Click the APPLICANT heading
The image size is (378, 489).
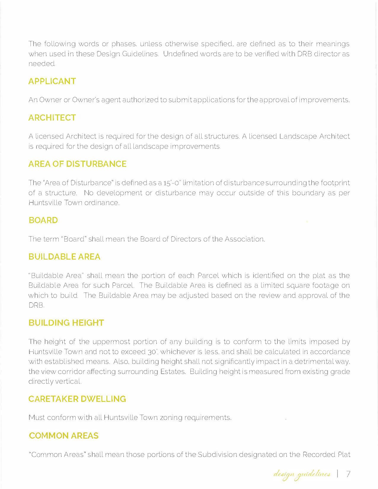tap(52, 81)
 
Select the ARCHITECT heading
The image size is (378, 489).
tap(52, 118)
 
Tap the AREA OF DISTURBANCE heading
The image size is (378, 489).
tap(77, 164)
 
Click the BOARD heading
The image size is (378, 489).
tap(43, 220)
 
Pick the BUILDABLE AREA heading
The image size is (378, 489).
tap(64, 257)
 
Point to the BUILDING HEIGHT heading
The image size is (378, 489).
tap(66, 323)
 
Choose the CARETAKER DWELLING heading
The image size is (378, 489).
tap(77, 399)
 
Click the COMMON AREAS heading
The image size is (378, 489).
tap(64, 436)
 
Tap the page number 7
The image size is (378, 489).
tap(348, 474)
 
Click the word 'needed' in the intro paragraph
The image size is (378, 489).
tap(42, 64)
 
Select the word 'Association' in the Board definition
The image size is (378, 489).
tap(244, 239)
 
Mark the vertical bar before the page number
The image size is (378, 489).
tap(338, 474)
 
